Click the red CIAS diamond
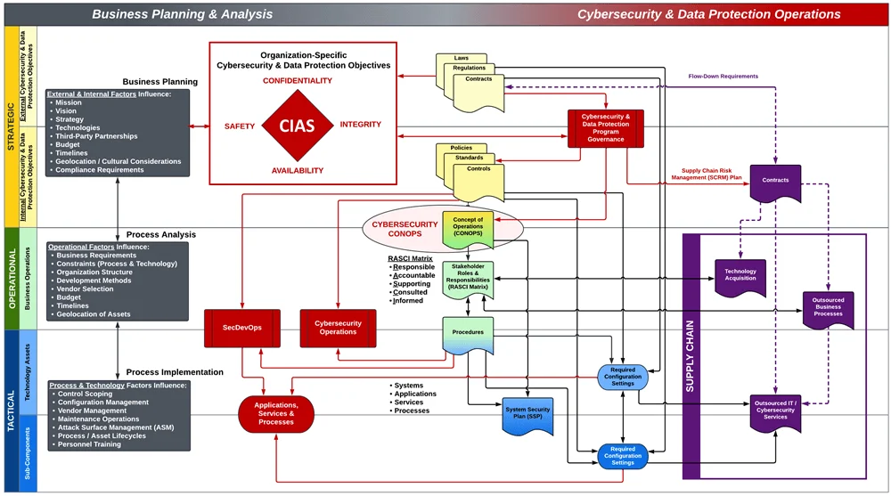coord(297,126)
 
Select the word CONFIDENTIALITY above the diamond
coord(297,81)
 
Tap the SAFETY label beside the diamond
coord(241,126)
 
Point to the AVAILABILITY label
coord(298,170)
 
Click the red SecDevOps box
coord(242,328)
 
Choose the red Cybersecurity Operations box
coord(338,328)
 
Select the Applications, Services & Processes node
coord(276,414)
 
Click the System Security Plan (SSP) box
coord(527,413)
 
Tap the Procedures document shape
coord(468,334)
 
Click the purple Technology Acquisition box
coord(740,274)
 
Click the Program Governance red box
coord(606,127)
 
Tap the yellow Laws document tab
coord(462,59)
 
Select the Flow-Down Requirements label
coord(723,77)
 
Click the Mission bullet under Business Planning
coord(69,103)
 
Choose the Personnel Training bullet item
coord(89,444)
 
